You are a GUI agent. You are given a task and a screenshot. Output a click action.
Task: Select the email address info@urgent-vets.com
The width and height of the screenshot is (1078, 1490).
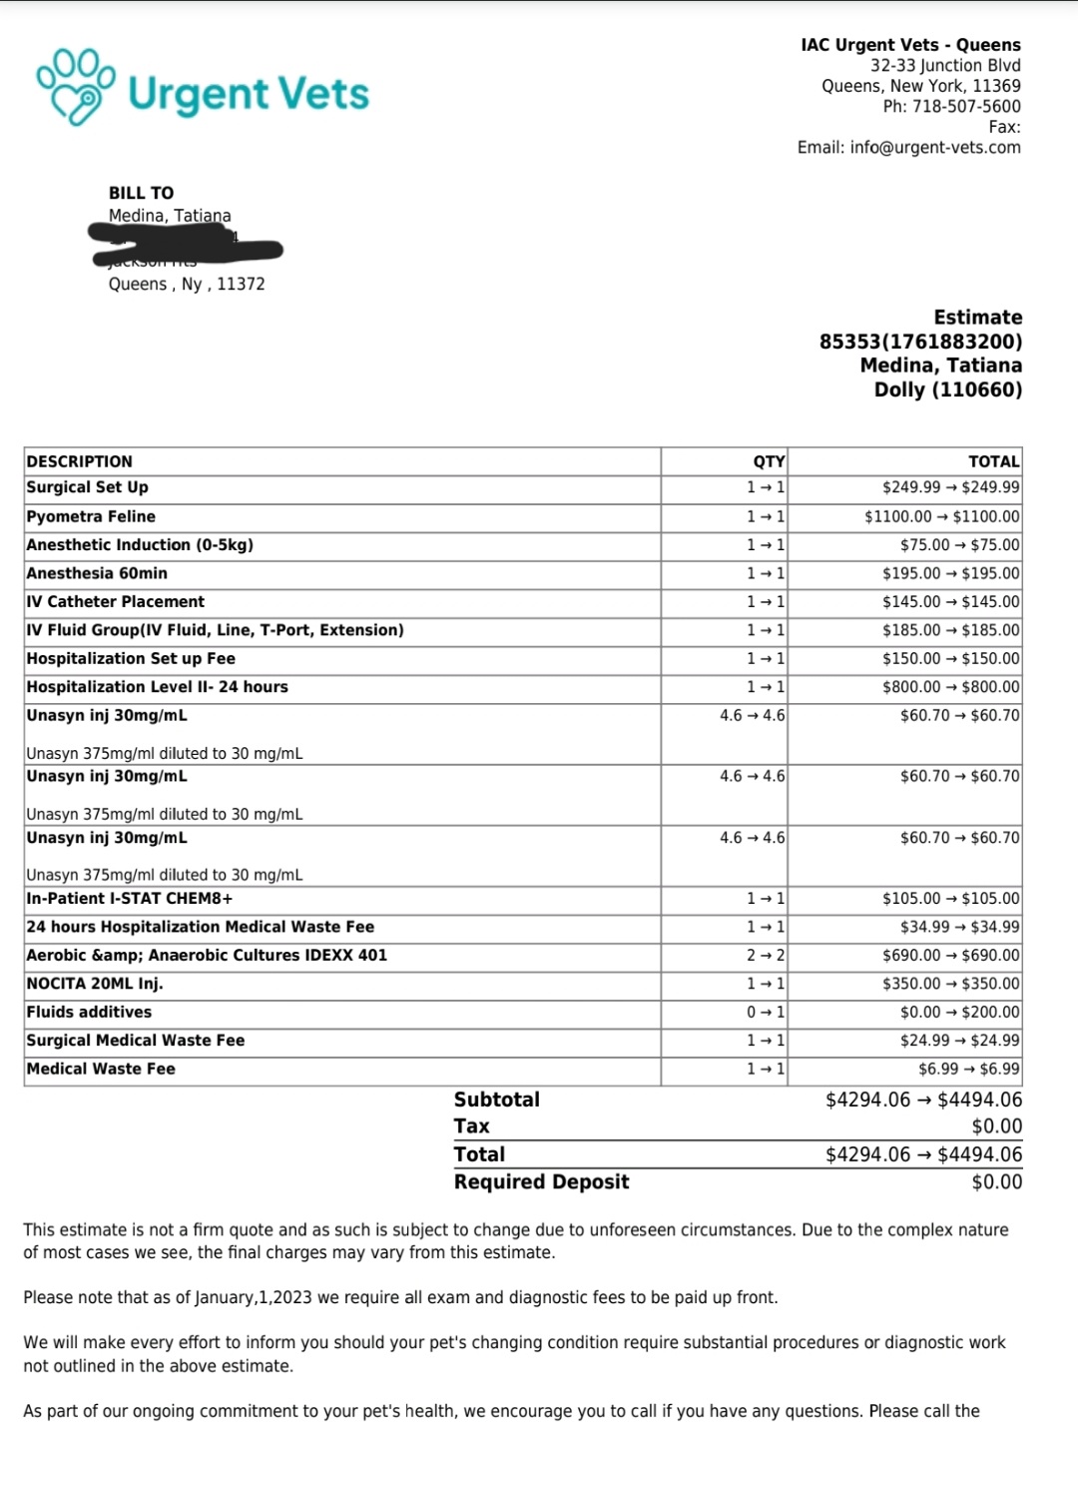tap(935, 147)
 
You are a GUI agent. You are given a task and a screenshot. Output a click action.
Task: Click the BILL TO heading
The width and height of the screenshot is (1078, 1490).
tap(141, 193)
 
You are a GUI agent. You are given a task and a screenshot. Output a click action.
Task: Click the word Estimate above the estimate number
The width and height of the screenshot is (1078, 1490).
tap(977, 318)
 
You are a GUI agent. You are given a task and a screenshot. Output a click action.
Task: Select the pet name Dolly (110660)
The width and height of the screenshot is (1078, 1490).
tap(947, 389)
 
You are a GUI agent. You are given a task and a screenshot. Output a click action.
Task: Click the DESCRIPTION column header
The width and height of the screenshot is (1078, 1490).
tap(80, 461)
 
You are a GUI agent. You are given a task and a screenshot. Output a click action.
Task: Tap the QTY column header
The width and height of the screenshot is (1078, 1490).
tap(769, 461)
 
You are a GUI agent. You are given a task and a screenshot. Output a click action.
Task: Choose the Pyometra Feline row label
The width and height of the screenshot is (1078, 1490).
tap(91, 516)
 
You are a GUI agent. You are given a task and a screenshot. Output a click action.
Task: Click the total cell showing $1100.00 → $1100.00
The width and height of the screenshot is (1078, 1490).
tap(941, 516)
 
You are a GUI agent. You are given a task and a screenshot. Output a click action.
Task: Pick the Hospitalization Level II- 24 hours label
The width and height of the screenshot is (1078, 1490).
tap(157, 687)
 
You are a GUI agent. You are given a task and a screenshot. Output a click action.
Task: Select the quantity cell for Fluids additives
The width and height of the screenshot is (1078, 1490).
tap(766, 1012)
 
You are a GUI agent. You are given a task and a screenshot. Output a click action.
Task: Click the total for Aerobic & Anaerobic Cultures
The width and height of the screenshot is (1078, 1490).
tap(950, 955)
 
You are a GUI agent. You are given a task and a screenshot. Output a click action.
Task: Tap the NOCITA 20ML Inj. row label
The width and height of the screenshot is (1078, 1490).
tap(95, 984)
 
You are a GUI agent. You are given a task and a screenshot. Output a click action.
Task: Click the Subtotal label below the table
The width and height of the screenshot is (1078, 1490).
tap(496, 1100)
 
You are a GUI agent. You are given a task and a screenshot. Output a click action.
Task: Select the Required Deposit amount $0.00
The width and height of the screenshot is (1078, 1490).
tap(996, 1182)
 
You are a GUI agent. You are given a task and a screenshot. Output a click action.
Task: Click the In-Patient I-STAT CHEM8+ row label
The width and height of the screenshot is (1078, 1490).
tap(130, 899)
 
